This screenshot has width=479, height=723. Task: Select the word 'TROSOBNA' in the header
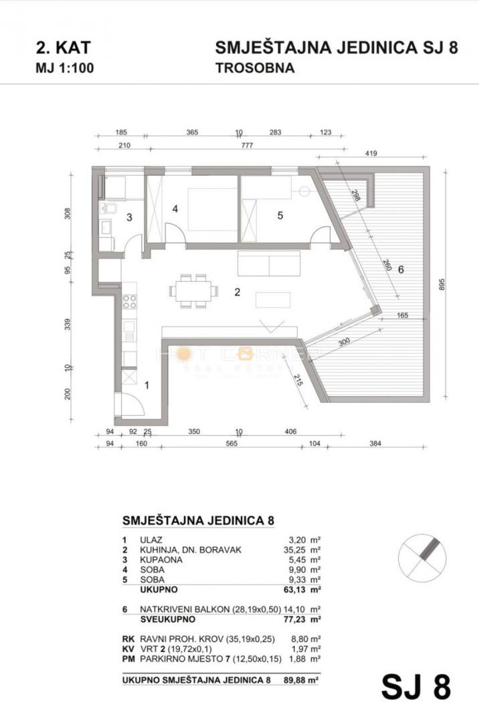255,68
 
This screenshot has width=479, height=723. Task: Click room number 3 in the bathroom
130,216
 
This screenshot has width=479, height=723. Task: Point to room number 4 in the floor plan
175,209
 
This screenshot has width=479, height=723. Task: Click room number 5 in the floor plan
280,215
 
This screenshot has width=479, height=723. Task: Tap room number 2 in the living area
236,291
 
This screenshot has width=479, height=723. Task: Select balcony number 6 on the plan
401,270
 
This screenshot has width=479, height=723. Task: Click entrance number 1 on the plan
148,384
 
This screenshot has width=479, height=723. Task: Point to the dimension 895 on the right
460,285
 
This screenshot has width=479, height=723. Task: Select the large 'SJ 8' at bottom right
416,687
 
